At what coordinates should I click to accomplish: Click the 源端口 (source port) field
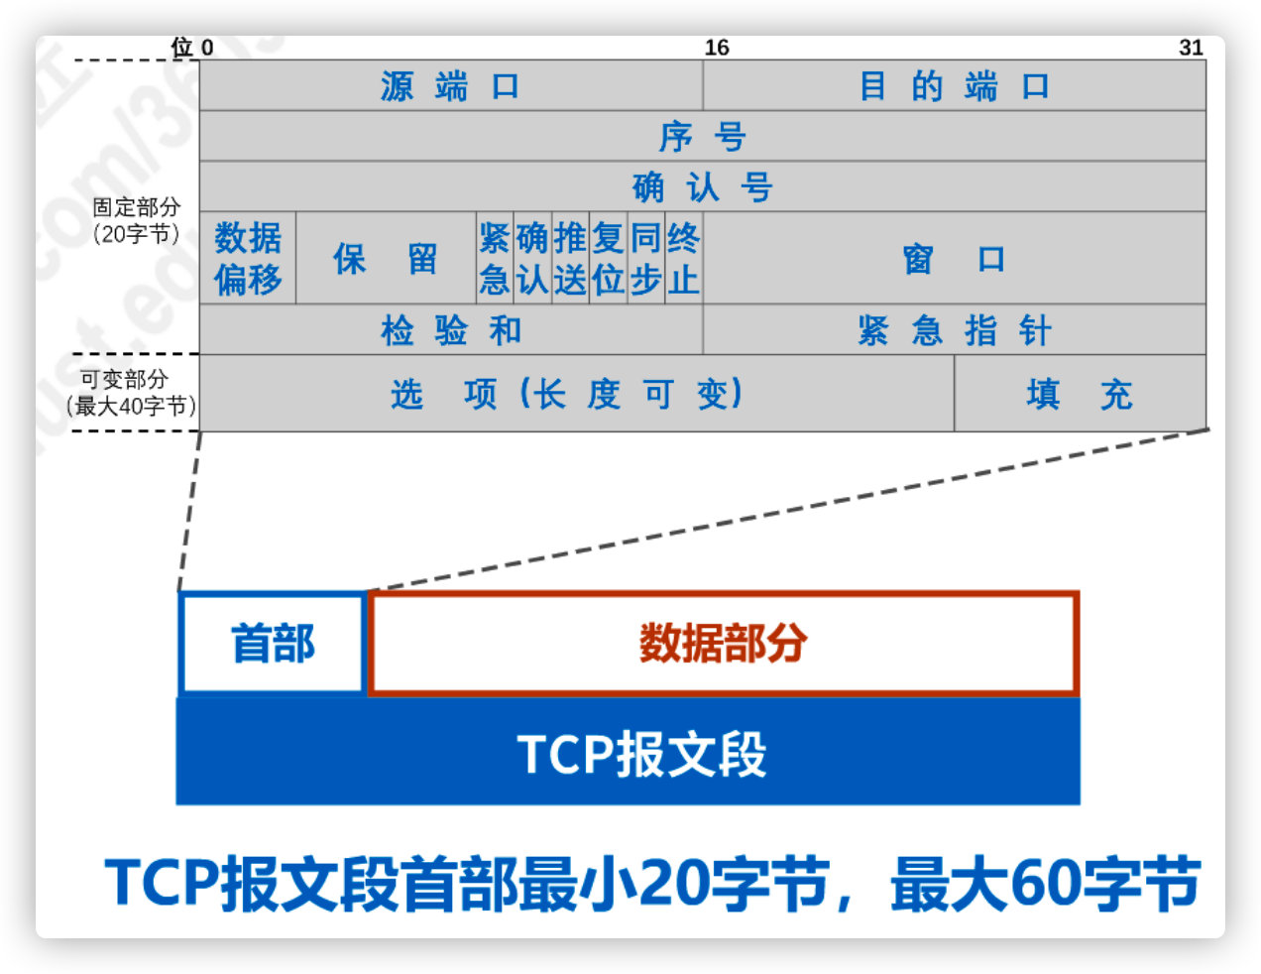pyautogui.click(x=451, y=86)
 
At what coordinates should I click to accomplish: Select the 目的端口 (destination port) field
pyautogui.click(x=954, y=86)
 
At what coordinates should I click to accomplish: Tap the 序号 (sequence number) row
pyautogui.click(x=702, y=137)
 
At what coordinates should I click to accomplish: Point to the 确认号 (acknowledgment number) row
pyautogui.click(x=702, y=187)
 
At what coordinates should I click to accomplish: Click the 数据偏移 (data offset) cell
pyautogui.click(x=248, y=259)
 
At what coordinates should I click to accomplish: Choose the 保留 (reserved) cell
pyautogui.click(x=386, y=259)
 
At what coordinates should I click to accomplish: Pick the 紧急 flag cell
pyautogui.click(x=494, y=259)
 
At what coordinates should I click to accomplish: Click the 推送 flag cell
pyautogui.click(x=570, y=259)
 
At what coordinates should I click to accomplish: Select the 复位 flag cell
pyautogui.click(x=608, y=259)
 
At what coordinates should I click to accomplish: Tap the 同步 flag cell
pyautogui.click(x=645, y=259)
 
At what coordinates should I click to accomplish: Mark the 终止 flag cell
pyautogui.click(x=683, y=259)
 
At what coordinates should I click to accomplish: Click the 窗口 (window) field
pyautogui.click(x=954, y=259)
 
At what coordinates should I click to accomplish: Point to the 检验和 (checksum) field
pyautogui.click(x=451, y=330)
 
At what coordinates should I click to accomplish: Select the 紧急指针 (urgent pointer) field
pyautogui.click(x=954, y=330)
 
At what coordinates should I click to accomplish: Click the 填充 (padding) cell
pyautogui.click(x=1080, y=394)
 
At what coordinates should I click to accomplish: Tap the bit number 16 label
pyautogui.click(x=717, y=48)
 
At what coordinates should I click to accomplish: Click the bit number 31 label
pyautogui.click(x=1191, y=48)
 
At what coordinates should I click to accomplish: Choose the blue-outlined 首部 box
pyautogui.click(x=273, y=644)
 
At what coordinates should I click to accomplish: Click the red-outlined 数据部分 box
pyautogui.click(x=723, y=644)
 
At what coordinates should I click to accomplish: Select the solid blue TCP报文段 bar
pyautogui.click(x=628, y=753)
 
